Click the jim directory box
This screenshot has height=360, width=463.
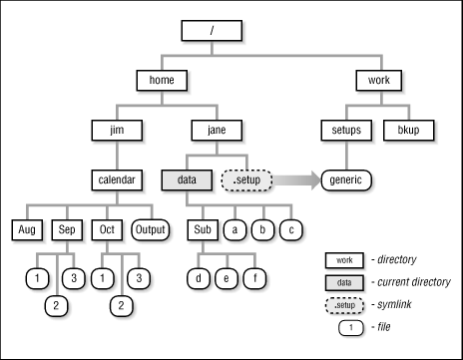pos(114,130)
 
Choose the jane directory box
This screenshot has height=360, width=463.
pos(213,130)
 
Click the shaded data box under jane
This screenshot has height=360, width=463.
pos(186,180)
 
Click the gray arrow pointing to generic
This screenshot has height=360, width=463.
pos(294,180)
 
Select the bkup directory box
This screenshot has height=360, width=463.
pos(409,130)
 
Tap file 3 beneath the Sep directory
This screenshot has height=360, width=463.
pos(73,275)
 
